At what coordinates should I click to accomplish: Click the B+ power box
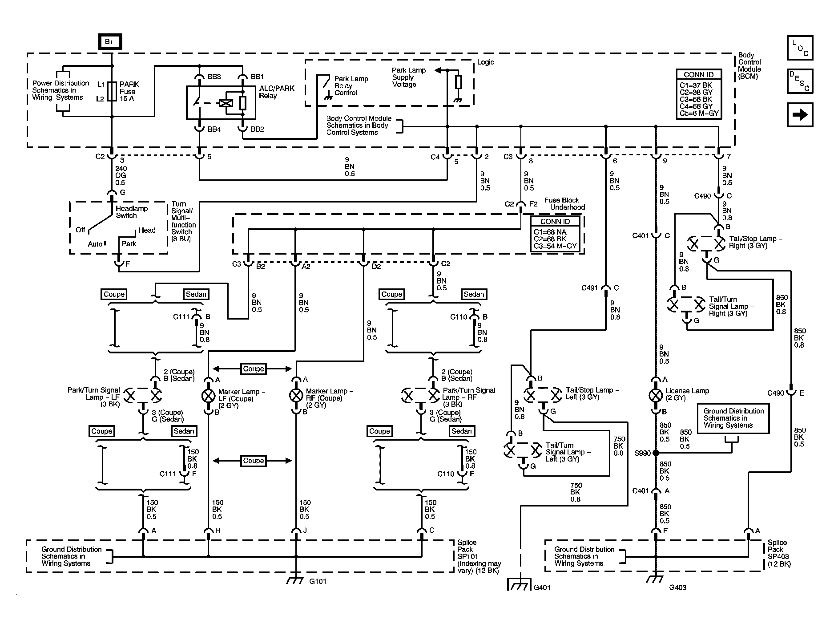tap(109, 42)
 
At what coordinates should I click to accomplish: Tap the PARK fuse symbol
tap(112, 91)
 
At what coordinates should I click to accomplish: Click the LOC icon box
tap(800, 48)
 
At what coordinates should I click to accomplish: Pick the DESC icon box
tap(800, 81)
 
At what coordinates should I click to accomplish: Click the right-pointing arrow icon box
tap(800, 115)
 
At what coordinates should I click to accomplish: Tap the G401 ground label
tap(542, 587)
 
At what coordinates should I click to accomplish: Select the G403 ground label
tap(677, 587)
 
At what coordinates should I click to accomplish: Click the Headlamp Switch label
tap(132, 212)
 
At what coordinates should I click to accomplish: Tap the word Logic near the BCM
tap(485, 62)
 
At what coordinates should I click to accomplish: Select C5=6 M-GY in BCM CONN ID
tap(699, 113)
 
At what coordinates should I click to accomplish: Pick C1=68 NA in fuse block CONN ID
tap(550, 232)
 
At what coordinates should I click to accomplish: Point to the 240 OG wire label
tap(121, 172)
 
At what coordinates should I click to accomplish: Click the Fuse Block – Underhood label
tap(564, 204)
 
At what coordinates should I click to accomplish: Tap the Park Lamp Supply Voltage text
tap(408, 77)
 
